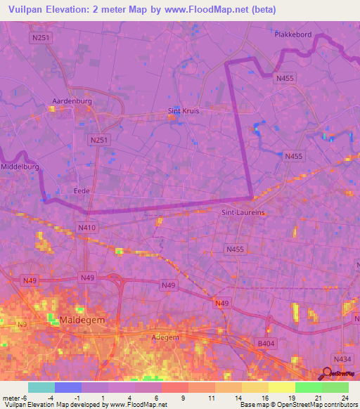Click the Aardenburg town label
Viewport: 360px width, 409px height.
[x=68, y=101]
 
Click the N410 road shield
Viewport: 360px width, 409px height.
[x=86, y=228]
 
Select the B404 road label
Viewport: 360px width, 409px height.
[x=263, y=343]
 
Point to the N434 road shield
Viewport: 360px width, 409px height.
[x=342, y=359]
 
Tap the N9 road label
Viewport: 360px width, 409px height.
[x=21, y=324]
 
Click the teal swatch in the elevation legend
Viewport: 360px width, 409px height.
[x=41, y=387]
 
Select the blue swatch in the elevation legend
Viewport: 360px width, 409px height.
[x=68, y=387]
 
